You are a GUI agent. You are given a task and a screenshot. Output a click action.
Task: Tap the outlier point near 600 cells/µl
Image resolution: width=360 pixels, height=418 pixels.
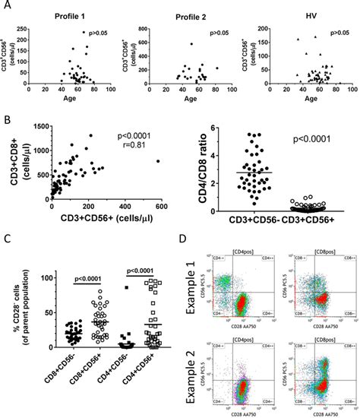[157, 160]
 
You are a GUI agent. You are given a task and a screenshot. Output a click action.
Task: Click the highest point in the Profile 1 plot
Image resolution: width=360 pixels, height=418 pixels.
[84, 32]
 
